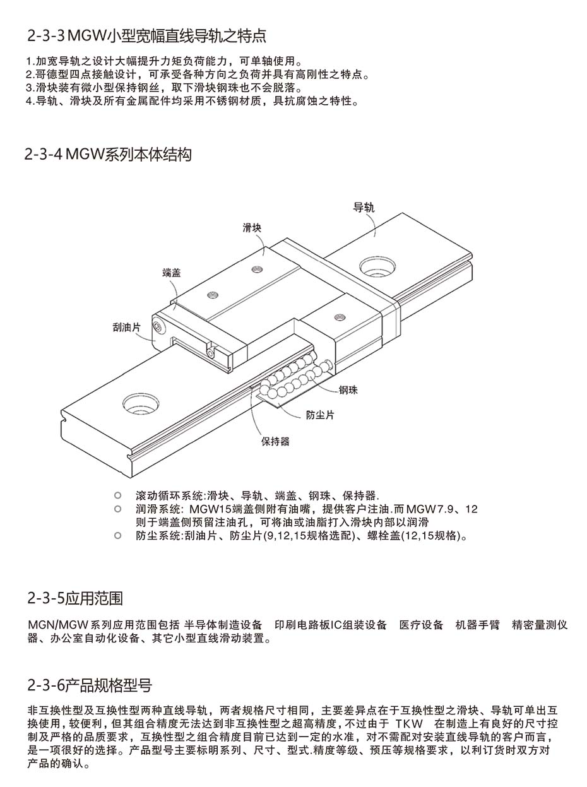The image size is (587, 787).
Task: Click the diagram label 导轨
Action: click(364, 207)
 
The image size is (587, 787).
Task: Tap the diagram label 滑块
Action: click(252, 228)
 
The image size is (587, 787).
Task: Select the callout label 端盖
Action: click(172, 273)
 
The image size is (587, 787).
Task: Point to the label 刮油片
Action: click(127, 328)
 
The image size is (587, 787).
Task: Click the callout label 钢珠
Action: click(348, 390)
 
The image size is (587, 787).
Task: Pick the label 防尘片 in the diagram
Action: click(320, 415)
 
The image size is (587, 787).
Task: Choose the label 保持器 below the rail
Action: click(275, 441)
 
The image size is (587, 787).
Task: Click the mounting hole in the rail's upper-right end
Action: click(377, 266)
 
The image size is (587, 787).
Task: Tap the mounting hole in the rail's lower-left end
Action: click(140, 403)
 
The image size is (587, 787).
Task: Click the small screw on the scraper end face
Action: click(158, 326)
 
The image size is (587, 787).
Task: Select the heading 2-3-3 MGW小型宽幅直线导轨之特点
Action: click(146, 36)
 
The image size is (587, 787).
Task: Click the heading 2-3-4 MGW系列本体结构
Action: click(108, 155)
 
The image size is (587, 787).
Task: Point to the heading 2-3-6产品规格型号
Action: click(90, 685)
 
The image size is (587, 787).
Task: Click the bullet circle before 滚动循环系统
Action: click(117, 495)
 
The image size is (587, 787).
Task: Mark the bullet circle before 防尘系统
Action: click(117, 535)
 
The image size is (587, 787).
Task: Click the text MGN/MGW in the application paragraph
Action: click(57, 625)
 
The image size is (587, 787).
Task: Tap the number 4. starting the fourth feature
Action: click(30, 101)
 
